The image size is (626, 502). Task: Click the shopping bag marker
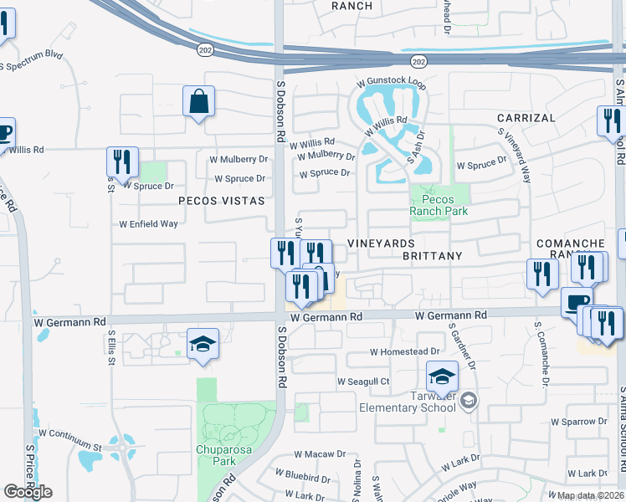pyautogui.click(x=198, y=102)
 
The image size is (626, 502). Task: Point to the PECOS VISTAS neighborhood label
pyautogui.click(x=221, y=201)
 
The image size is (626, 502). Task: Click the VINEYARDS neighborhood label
pyautogui.click(x=381, y=243)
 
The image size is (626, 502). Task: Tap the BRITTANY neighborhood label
pyautogui.click(x=432, y=256)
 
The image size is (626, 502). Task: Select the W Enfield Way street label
pyautogui.click(x=148, y=224)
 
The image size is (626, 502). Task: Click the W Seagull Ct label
pyautogui.click(x=363, y=382)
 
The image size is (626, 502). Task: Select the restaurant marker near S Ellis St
pyautogui.click(x=122, y=162)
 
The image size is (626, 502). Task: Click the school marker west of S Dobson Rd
pyautogui.click(x=203, y=345)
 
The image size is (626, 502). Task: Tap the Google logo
pyautogui.click(x=28, y=492)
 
